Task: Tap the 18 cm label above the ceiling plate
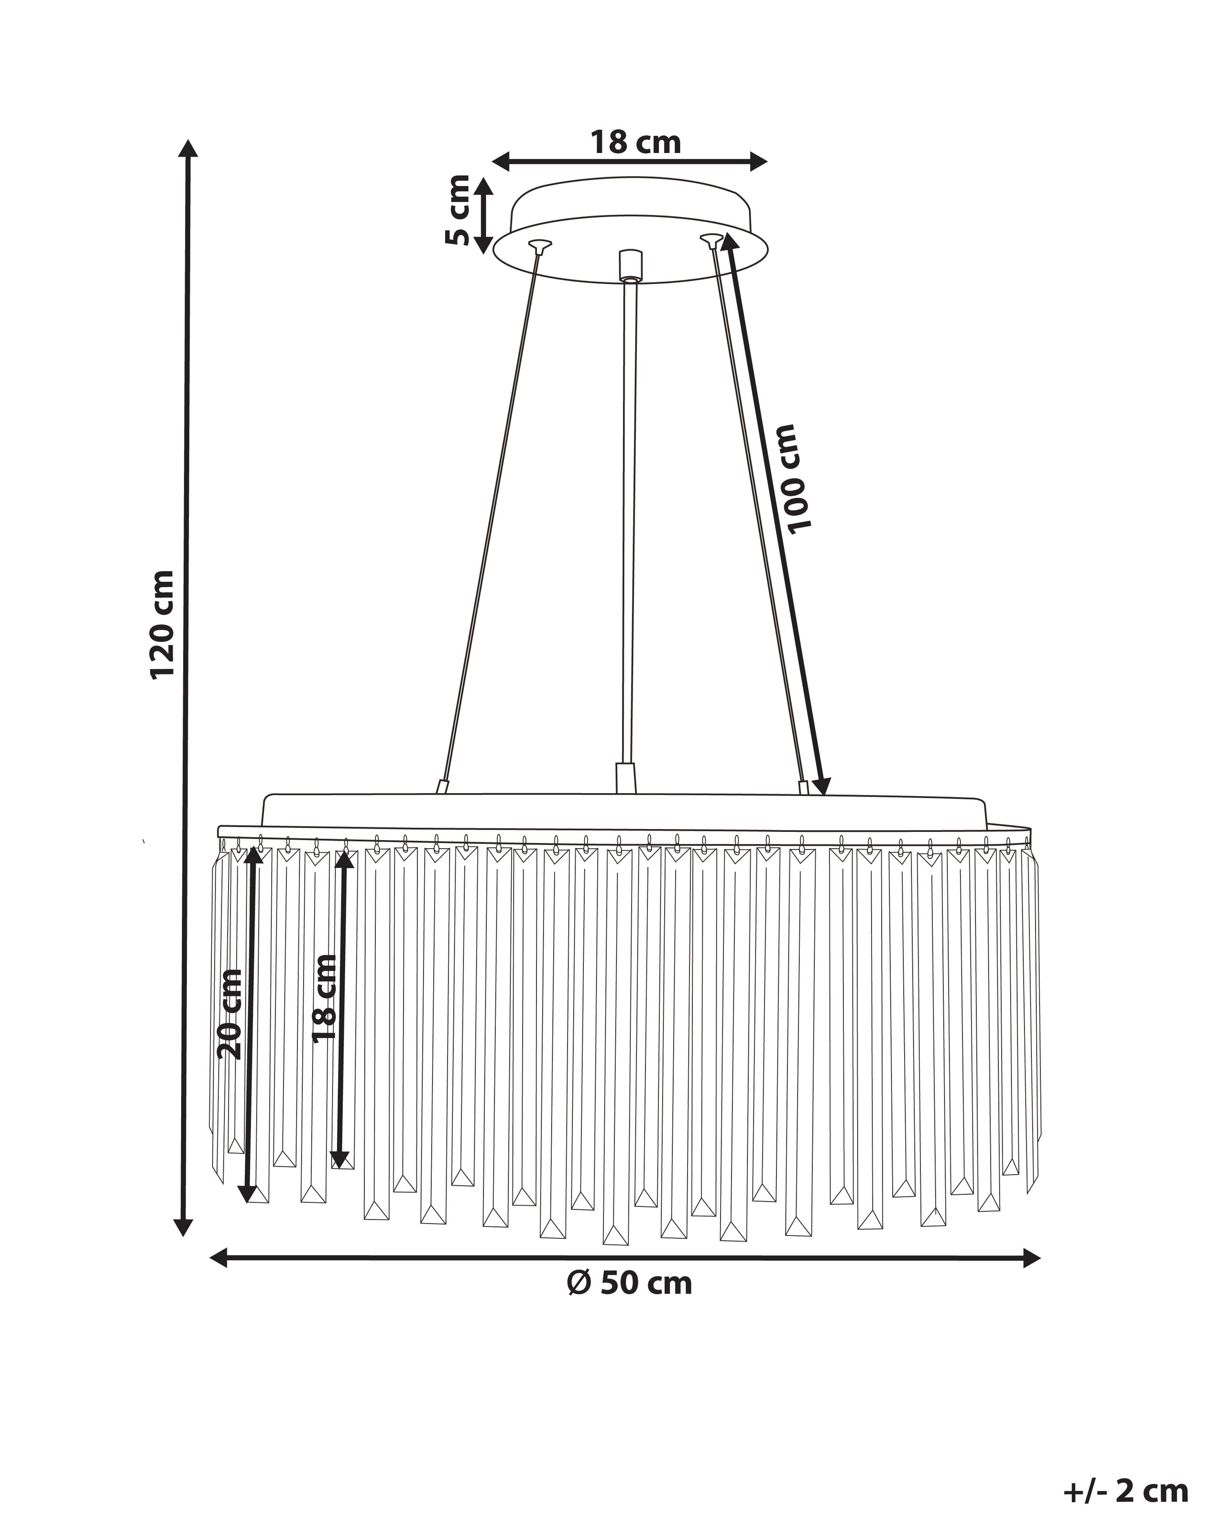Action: pos(636,142)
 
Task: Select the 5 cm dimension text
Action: pos(458,209)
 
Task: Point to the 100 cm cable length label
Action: pos(796,478)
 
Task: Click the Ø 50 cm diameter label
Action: pos(629,1282)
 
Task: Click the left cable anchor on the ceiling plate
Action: pos(539,246)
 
